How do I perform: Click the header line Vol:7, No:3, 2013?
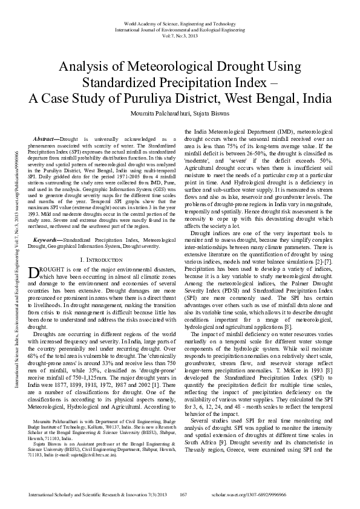pos(180,35)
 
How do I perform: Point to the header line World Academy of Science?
pos(180,22)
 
